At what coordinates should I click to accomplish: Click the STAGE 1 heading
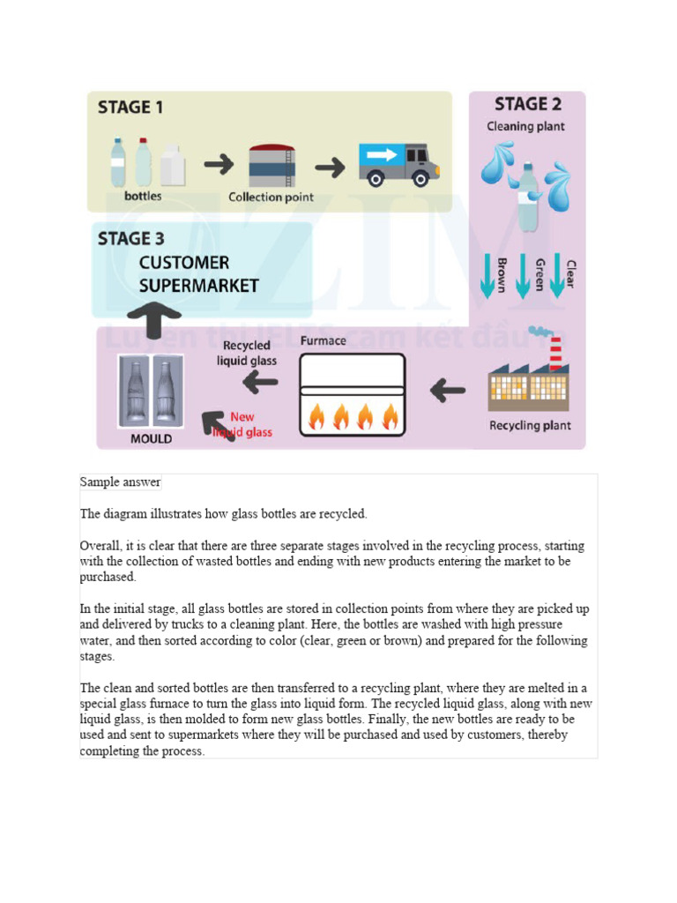coord(130,108)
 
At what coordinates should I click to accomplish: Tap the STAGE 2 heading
coord(527,104)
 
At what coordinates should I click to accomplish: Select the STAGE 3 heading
coord(130,238)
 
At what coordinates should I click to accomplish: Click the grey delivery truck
coord(398,163)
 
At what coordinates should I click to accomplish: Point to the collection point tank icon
coord(271,165)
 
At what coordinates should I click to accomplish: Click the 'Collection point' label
coord(271,198)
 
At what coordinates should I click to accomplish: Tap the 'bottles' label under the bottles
coord(143,196)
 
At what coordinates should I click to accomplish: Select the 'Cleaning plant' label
coord(526,126)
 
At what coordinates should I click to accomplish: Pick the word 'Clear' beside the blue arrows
coord(570,273)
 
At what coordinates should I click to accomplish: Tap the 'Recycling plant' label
coord(530,426)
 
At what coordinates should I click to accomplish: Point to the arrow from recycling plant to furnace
coord(449,387)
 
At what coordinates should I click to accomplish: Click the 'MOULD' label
coord(152,438)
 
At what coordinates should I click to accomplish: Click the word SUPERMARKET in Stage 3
coord(199,286)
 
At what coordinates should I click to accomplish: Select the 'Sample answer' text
coord(120,481)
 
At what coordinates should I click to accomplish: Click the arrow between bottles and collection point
coord(219,164)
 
